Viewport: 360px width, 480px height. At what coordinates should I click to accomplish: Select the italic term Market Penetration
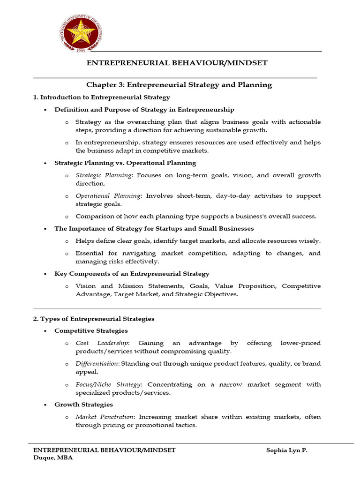click(x=105, y=417)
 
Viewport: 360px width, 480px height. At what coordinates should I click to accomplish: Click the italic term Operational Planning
click(x=107, y=196)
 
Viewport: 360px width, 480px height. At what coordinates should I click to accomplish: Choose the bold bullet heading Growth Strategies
click(x=83, y=405)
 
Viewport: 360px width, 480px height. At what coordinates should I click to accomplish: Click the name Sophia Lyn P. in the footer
click(x=286, y=450)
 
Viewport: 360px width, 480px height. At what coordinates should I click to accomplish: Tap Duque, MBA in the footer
click(x=53, y=458)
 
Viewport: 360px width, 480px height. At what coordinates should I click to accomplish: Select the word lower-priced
click(x=300, y=343)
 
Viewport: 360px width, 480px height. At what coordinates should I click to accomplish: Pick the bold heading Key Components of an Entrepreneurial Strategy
click(x=132, y=274)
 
